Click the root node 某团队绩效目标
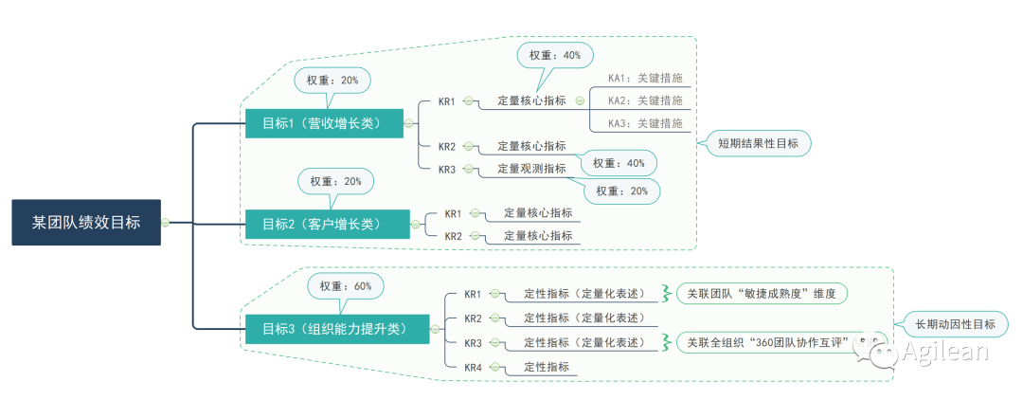86,223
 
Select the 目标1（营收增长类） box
322,123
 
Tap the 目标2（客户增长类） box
328,225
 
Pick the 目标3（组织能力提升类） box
337,329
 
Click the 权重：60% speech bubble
346,286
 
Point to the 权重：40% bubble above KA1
555,55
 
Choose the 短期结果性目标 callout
758,143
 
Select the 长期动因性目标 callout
955,324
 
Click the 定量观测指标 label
531,169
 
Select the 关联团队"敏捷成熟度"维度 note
762,294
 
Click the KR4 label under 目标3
473,367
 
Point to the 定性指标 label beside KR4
547,367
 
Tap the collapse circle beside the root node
166,223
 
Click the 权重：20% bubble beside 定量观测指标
621,191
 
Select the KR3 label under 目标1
447,169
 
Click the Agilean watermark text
944,352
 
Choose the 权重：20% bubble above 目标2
336,181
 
